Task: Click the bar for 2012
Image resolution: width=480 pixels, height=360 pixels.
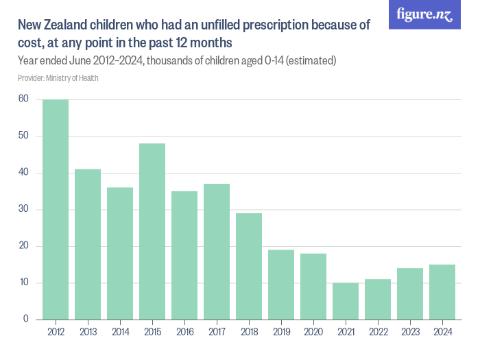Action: (x=56, y=209)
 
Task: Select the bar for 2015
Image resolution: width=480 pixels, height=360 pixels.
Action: (x=152, y=231)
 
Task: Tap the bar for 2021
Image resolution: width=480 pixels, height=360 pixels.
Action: (x=346, y=301)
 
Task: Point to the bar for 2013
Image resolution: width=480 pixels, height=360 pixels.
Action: (x=88, y=244)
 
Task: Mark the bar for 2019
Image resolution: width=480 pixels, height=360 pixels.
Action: (x=281, y=285)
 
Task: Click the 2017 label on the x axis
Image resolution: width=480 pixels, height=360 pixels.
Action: (x=217, y=333)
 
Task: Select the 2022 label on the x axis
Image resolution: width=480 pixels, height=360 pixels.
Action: (x=378, y=333)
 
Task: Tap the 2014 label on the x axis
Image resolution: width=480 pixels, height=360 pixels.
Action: (x=120, y=333)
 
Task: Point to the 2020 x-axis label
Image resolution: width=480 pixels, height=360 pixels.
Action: (x=313, y=333)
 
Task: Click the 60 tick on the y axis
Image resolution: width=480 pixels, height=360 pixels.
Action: (x=23, y=99)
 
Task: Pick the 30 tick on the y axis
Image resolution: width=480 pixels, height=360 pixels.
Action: (x=23, y=209)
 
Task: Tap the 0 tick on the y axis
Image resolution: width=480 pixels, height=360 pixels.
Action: (x=26, y=320)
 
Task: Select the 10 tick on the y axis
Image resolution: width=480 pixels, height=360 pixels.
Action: (x=23, y=283)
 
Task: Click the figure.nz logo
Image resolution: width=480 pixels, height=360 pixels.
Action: (x=424, y=14)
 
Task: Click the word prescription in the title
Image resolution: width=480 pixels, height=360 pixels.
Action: (x=267, y=26)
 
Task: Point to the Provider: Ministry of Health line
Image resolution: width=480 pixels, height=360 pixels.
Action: (x=58, y=78)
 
